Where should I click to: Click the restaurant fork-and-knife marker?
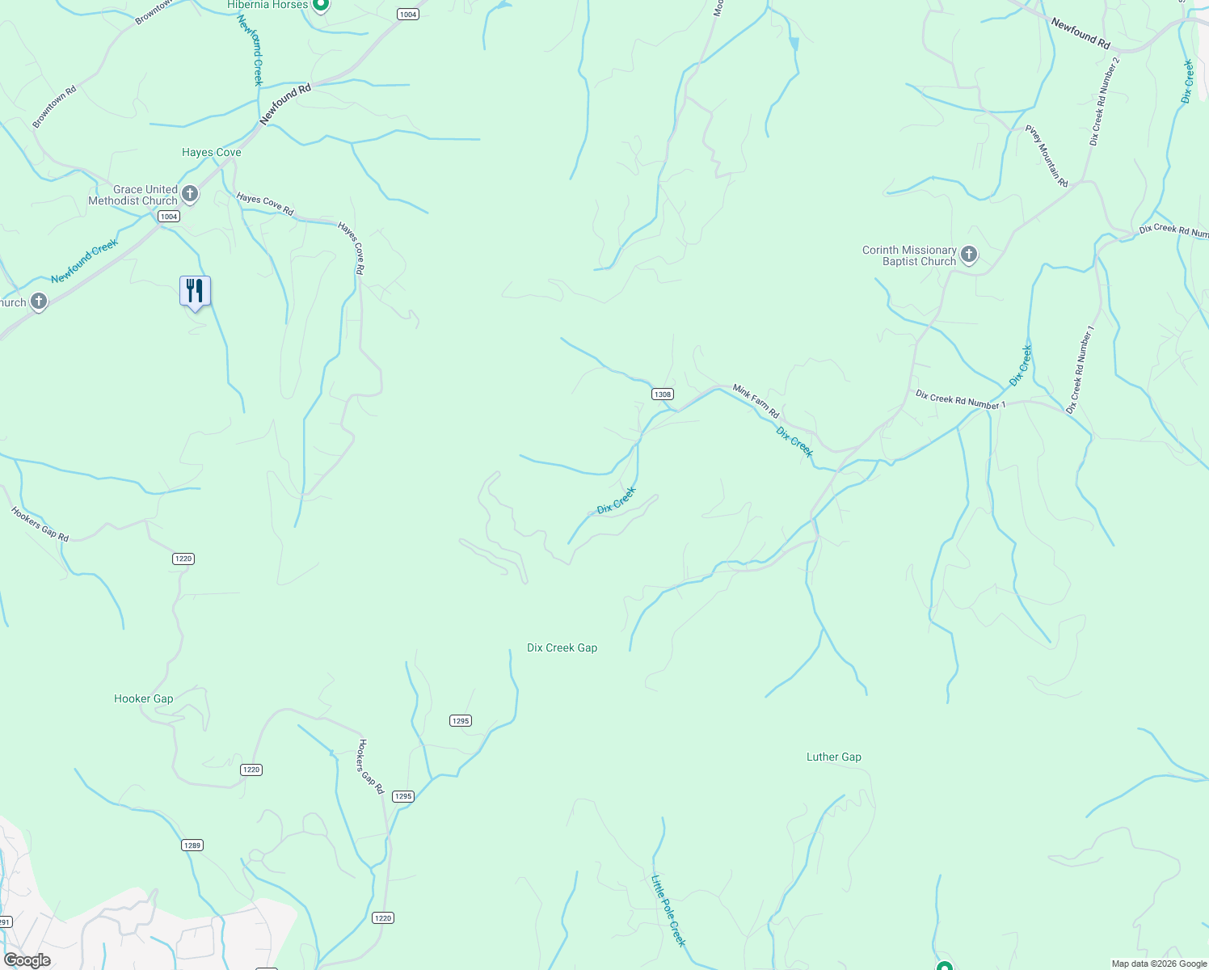click(x=195, y=291)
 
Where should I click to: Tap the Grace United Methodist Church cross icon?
click(x=190, y=194)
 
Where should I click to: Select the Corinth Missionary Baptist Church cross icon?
click(x=969, y=255)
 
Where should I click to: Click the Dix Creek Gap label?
click(x=562, y=647)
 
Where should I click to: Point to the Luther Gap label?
click(x=833, y=757)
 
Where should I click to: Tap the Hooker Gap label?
click(x=143, y=698)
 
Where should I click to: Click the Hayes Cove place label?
click(x=211, y=152)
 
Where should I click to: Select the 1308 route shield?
click(x=662, y=394)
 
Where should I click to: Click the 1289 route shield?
click(x=192, y=846)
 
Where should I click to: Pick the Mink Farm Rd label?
click(x=756, y=401)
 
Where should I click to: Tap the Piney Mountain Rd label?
click(x=1047, y=156)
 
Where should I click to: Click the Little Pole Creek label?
click(x=668, y=911)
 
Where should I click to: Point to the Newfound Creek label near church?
click(x=84, y=260)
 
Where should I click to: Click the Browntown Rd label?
click(x=54, y=107)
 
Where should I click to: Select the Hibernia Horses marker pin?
click(x=320, y=5)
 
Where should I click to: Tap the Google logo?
click(x=27, y=960)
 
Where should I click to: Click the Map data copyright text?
click(x=1158, y=964)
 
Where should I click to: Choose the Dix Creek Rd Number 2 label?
click(x=1105, y=101)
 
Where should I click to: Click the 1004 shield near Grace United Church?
click(x=168, y=217)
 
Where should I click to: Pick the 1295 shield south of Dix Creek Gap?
click(x=460, y=721)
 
